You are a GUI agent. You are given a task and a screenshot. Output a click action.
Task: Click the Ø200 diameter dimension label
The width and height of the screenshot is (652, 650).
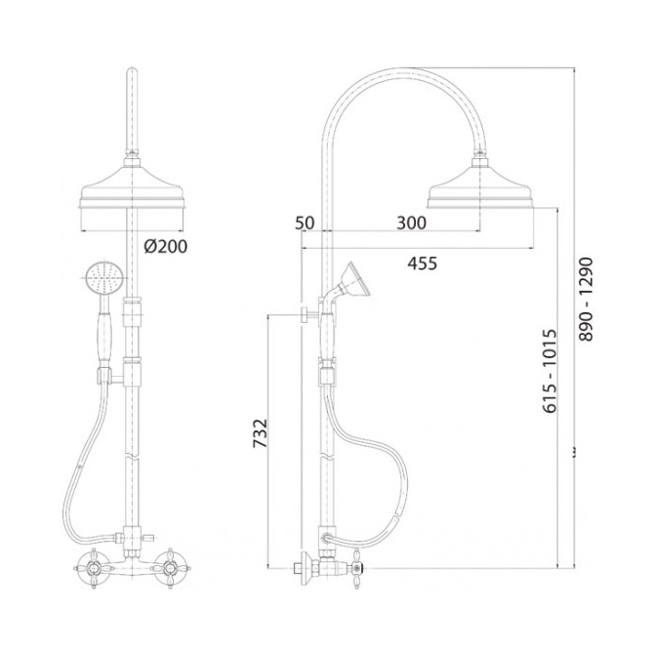coord(166,246)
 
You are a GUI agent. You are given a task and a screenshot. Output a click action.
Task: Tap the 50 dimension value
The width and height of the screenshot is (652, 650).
coord(305,223)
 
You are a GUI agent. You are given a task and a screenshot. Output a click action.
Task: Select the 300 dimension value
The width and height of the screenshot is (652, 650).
coord(411,223)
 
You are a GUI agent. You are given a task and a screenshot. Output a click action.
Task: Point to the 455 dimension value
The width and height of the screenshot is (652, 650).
coord(422,264)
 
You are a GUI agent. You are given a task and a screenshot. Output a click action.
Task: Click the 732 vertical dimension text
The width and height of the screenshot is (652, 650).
coord(261,433)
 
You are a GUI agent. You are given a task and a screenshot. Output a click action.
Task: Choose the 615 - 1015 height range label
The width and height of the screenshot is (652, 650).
coord(550,371)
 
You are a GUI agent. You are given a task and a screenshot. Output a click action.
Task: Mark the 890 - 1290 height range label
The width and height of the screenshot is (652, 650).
coord(586,299)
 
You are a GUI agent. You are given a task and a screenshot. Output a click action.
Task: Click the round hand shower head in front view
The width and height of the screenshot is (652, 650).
coord(104,278)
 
